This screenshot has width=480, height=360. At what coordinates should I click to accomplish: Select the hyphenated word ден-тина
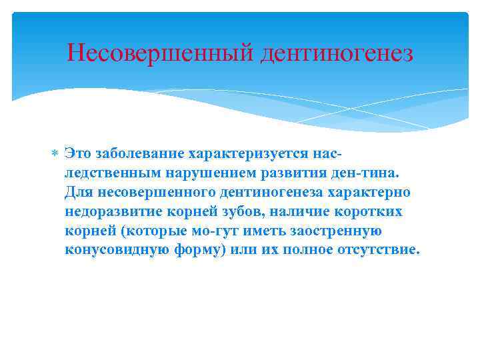coord(365,173)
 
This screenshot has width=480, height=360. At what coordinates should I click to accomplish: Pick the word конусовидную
coord(113,251)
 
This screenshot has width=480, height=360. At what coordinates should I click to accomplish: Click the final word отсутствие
coord(379,251)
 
